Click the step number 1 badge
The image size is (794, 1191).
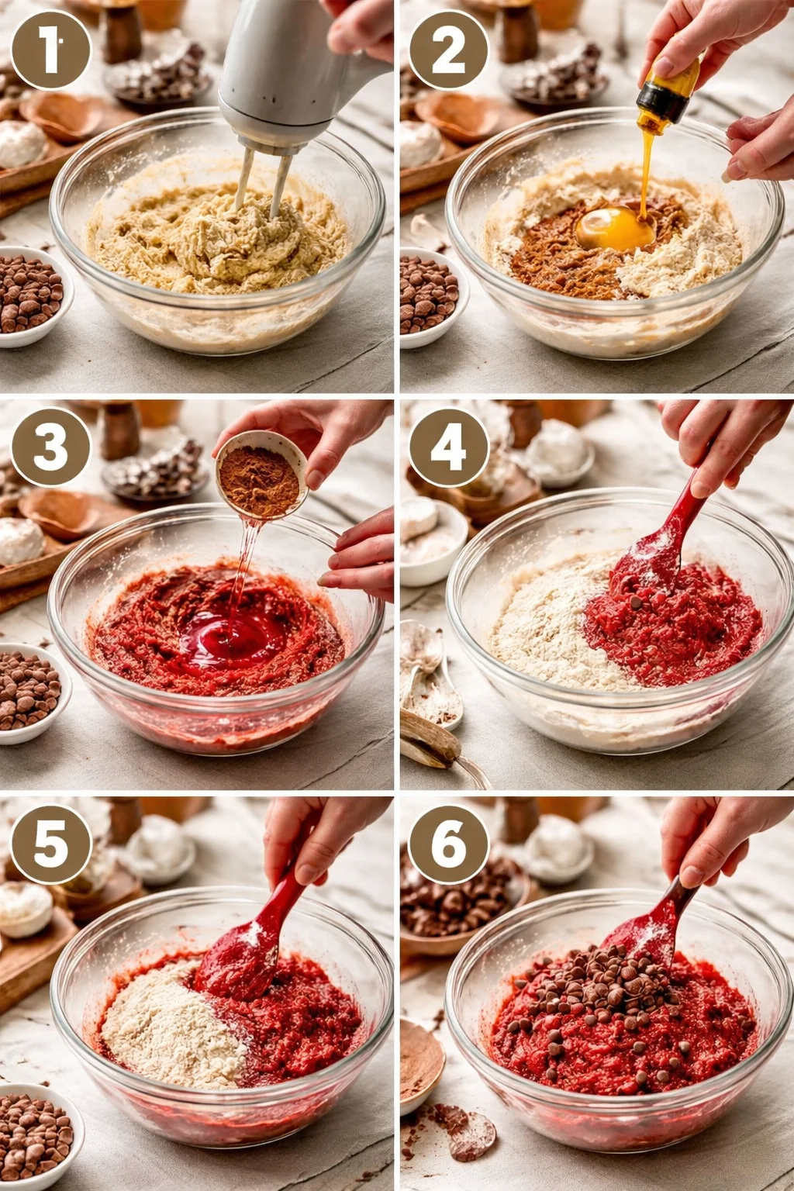click(51, 49)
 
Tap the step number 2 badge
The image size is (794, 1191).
click(448, 49)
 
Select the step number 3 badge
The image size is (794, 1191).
click(51, 447)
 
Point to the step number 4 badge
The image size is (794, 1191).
click(448, 447)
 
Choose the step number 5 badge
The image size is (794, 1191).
click(51, 844)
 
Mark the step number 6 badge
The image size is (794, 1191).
click(448, 844)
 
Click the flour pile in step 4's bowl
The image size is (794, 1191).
click(543, 628)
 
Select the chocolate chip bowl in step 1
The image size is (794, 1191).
click(31, 295)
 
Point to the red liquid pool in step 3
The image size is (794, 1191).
click(233, 640)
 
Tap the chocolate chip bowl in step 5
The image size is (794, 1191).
click(35, 1136)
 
